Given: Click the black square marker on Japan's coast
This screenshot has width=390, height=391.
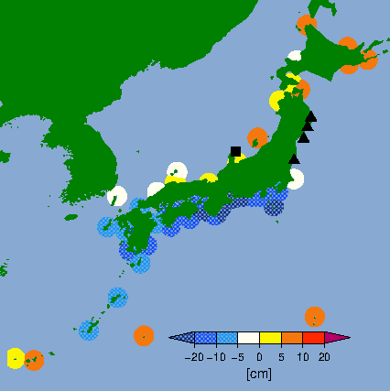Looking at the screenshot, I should pos(236,151).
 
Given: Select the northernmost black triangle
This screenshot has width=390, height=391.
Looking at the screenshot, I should pos(311,116).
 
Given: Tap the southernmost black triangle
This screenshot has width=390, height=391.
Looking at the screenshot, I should pos(294,159).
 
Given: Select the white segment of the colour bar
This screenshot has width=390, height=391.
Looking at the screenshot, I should pos(248,339).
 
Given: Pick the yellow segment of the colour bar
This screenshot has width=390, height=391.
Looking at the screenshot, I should pos(270,339).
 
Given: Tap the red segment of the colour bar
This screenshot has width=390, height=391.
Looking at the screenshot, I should pos(314,339).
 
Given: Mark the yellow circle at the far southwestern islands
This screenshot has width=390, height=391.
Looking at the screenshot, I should pos(16,358).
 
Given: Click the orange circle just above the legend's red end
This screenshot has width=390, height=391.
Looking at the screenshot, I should pos(314,317).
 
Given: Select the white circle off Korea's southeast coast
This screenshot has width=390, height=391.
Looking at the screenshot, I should pos(117,196).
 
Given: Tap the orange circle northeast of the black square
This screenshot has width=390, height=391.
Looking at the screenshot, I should pos(257,137).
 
